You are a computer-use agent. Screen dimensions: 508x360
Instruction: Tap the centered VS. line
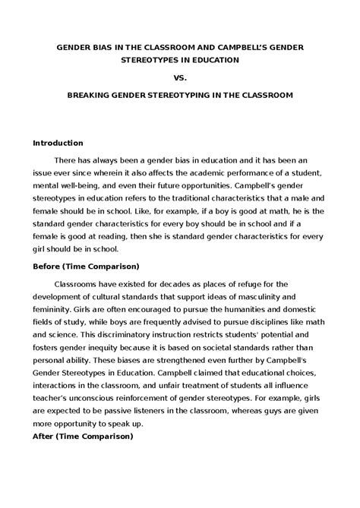(180, 77)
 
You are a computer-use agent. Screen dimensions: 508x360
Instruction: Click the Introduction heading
(58, 143)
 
